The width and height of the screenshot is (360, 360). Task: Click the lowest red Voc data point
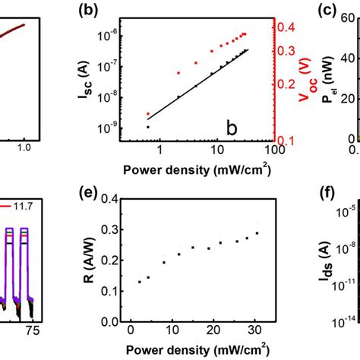coord(149,114)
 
